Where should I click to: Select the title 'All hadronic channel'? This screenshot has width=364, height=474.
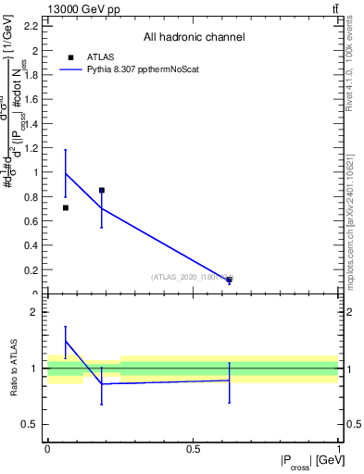click(x=194, y=38)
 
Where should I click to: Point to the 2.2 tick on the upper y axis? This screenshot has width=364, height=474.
click(x=34, y=25)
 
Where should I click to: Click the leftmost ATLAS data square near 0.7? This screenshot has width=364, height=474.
click(x=65, y=207)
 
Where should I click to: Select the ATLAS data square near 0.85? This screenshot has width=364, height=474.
click(x=102, y=190)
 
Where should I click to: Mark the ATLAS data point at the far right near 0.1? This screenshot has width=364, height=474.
click(x=229, y=279)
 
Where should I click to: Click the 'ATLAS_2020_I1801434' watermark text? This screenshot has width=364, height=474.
click(x=191, y=277)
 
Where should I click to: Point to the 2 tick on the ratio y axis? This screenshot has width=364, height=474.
click(x=36, y=312)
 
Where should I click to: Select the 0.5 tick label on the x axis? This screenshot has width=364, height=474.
click(x=193, y=449)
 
